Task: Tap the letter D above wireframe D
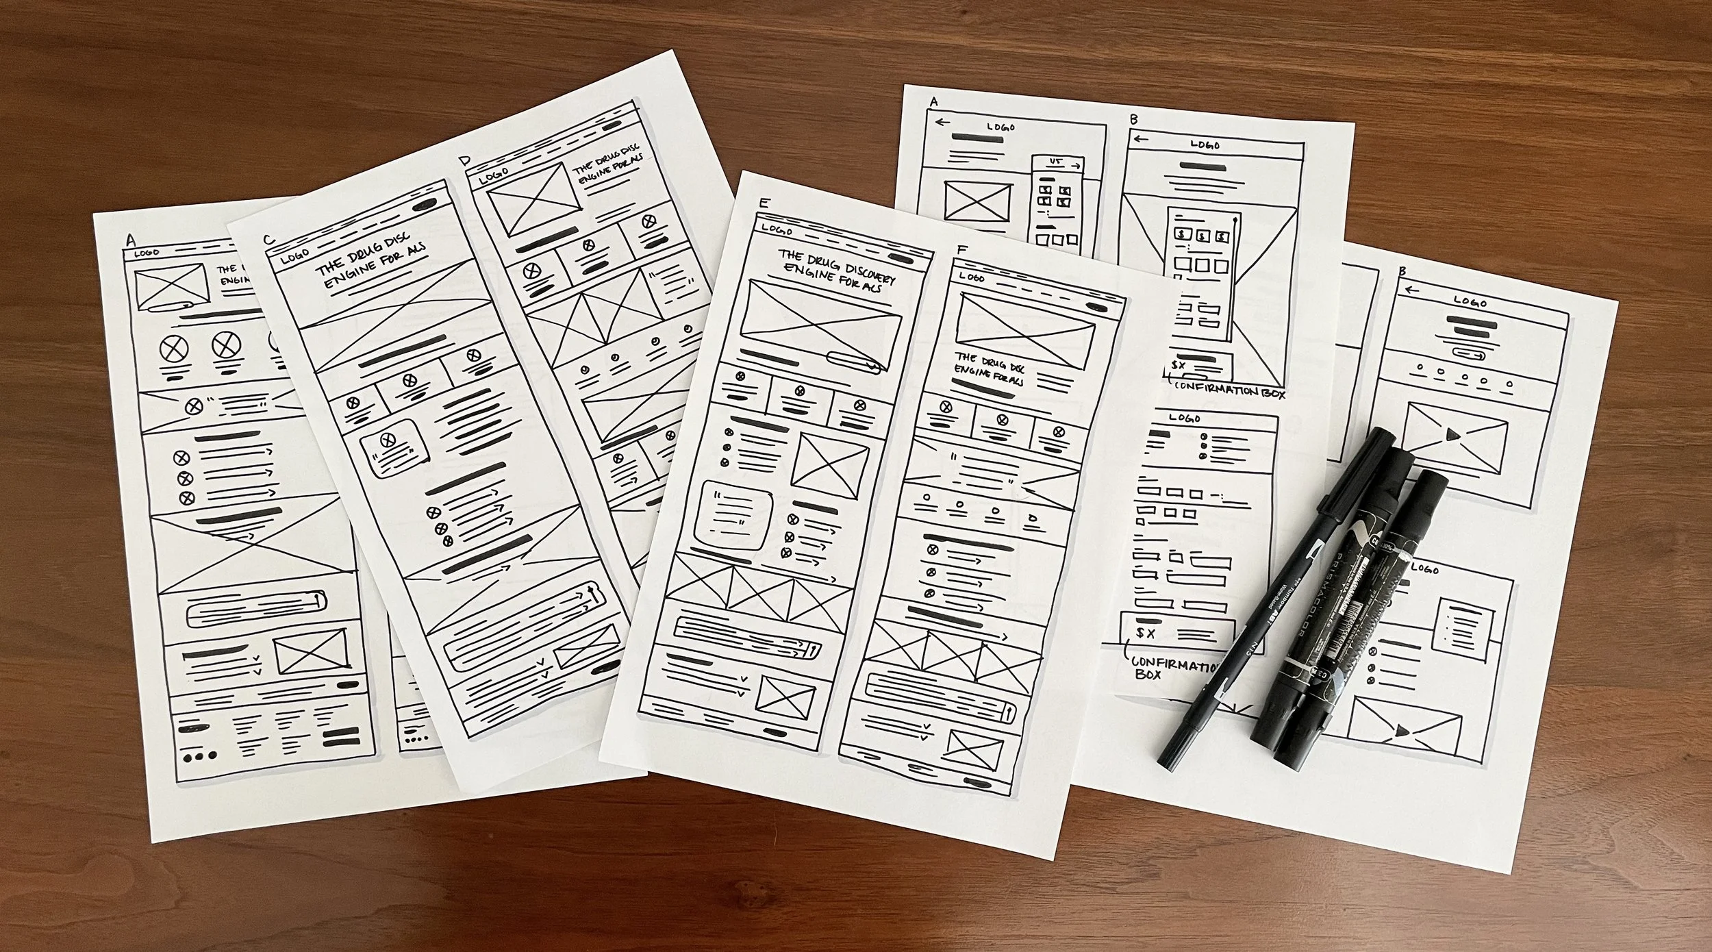pyautogui.click(x=466, y=162)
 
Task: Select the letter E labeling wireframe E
pyautogui.click(x=764, y=203)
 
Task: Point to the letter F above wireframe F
pyautogui.click(x=961, y=250)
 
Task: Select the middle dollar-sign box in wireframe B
pyautogui.click(x=1202, y=237)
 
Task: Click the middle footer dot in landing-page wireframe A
pyautogui.click(x=199, y=756)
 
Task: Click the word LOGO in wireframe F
pyautogui.click(x=972, y=277)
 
